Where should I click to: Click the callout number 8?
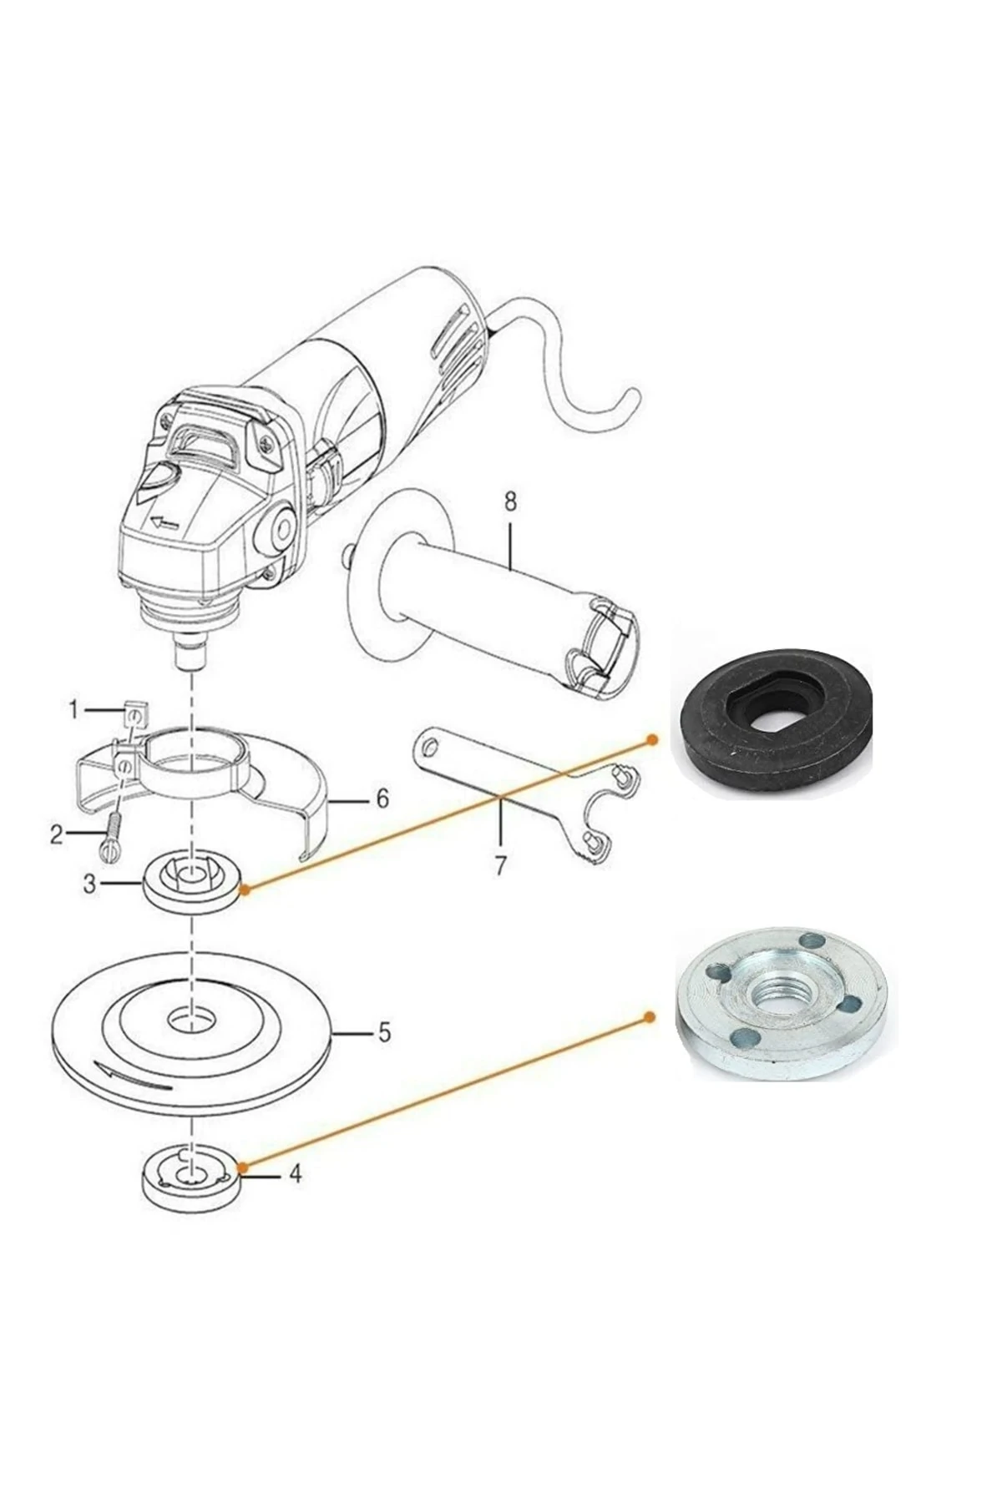tap(510, 502)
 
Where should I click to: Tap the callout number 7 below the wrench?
tap(500, 865)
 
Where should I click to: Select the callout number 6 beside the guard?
tap(382, 799)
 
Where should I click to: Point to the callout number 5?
tap(383, 1032)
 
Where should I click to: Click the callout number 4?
tap(295, 1174)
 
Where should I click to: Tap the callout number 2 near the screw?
tap(57, 834)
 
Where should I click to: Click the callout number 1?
tap(74, 710)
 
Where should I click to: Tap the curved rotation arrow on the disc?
tap(134, 1077)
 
